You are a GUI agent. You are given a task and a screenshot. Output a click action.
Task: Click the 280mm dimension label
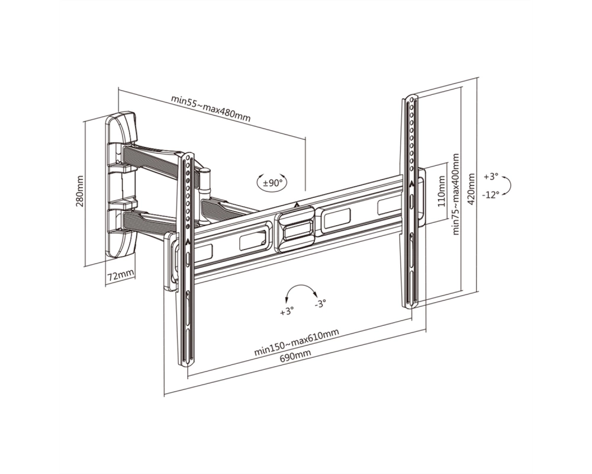coord(80,191)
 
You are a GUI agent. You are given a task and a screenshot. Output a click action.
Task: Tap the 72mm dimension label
coord(120,275)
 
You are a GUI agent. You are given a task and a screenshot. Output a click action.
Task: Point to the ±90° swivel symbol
coord(272,183)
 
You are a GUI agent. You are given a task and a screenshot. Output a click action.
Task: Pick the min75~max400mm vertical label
coord(456,194)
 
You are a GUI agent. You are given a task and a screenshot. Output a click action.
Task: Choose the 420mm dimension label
coord(471,188)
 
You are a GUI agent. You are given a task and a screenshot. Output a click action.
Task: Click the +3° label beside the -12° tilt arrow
coord(491,177)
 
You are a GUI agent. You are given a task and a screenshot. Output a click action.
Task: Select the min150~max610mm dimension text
coord(297,342)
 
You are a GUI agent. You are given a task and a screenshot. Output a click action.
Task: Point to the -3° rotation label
coord(320,303)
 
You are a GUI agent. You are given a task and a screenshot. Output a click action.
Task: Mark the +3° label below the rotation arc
coord(287,311)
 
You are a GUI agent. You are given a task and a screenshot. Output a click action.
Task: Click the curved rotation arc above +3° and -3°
coord(301,286)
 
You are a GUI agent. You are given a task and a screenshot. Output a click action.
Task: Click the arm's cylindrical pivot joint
coord(205,181)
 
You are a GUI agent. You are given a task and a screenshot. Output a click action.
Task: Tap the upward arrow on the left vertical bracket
coord(188,241)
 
